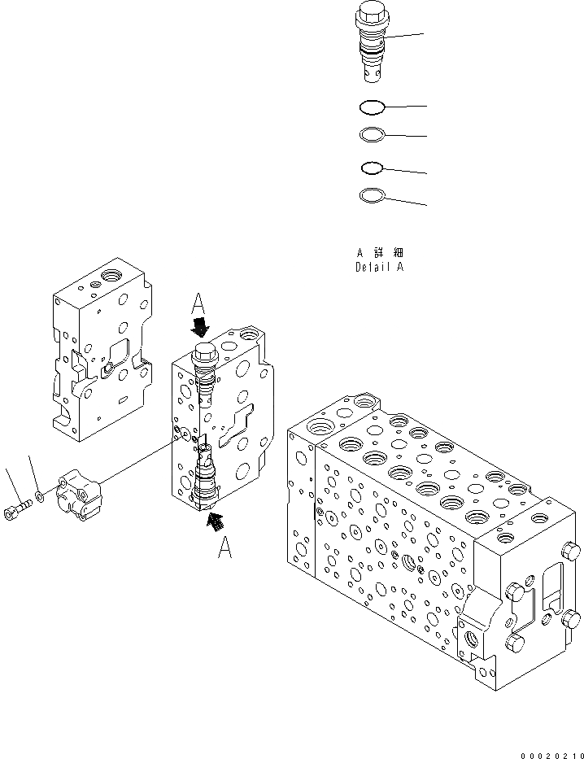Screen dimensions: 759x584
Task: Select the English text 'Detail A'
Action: click(x=379, y=267)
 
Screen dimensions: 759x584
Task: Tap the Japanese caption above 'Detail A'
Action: click(x=379, y=253)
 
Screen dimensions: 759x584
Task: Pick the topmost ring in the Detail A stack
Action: click(x=371, y=106)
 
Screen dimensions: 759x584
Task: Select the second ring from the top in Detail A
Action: click(x=371, y=134)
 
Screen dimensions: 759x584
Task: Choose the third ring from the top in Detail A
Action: click(x=371, y=168)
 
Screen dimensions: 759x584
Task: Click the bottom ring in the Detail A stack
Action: click(x=371, y=195)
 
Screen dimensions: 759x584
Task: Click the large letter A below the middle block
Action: click(x=224, y=550)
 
